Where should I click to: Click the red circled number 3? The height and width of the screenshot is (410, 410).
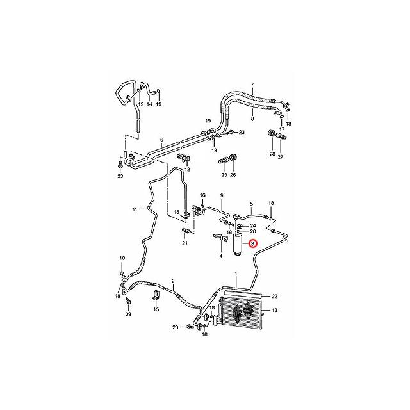coord(252,243)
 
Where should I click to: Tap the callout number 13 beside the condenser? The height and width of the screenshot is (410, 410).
coord(275,311)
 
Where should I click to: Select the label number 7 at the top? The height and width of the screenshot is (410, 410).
coord(252,85)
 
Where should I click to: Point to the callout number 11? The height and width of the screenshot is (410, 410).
coord(135,209)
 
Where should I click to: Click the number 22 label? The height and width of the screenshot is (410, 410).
coord(275,295)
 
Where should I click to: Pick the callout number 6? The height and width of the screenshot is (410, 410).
coord(161,140)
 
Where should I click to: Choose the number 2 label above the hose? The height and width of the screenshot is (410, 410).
coord(173,281)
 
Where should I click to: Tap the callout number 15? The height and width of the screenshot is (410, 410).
coord(156,309)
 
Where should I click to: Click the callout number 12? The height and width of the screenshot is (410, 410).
coord(188,169)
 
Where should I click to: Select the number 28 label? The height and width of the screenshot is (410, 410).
coord(272,155)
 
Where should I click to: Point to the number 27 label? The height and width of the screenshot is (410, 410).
coord(280,155)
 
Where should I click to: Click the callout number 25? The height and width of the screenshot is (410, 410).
coord(224,174)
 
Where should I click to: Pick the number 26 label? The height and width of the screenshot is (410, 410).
coord(233,174)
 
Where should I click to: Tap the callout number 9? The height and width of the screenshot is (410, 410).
coord(222,195)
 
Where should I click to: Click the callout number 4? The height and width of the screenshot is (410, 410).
coord(220,256)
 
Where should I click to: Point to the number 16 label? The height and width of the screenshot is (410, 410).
coord(202,195)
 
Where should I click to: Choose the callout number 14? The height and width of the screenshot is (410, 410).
coord(149,104)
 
